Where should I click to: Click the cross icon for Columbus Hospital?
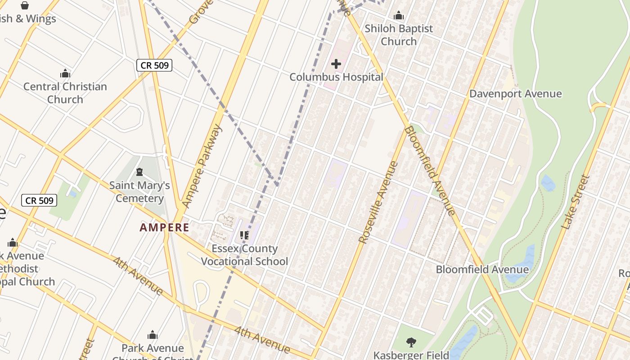point(336,64)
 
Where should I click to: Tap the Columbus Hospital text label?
point(336,77)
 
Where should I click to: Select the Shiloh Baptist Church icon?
point(399,16)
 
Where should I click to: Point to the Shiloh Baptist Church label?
point(399,35)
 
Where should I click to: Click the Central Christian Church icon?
point(65,73)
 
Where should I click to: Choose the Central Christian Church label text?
point(65,93)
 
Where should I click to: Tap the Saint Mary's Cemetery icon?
point(139,172)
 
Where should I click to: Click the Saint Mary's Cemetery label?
point(139,192)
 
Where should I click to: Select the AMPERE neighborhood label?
point(164,227)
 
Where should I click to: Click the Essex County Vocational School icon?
point(244,235)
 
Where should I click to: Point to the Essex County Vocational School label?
point(244,255)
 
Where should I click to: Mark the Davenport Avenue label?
point(515,94)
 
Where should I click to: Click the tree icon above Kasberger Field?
point(411,342)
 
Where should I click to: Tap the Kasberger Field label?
point(411,355)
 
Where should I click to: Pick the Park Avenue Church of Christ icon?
point(153,335)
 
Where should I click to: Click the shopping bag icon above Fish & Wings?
point(25,5)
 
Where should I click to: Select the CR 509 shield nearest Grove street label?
point(154,65)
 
